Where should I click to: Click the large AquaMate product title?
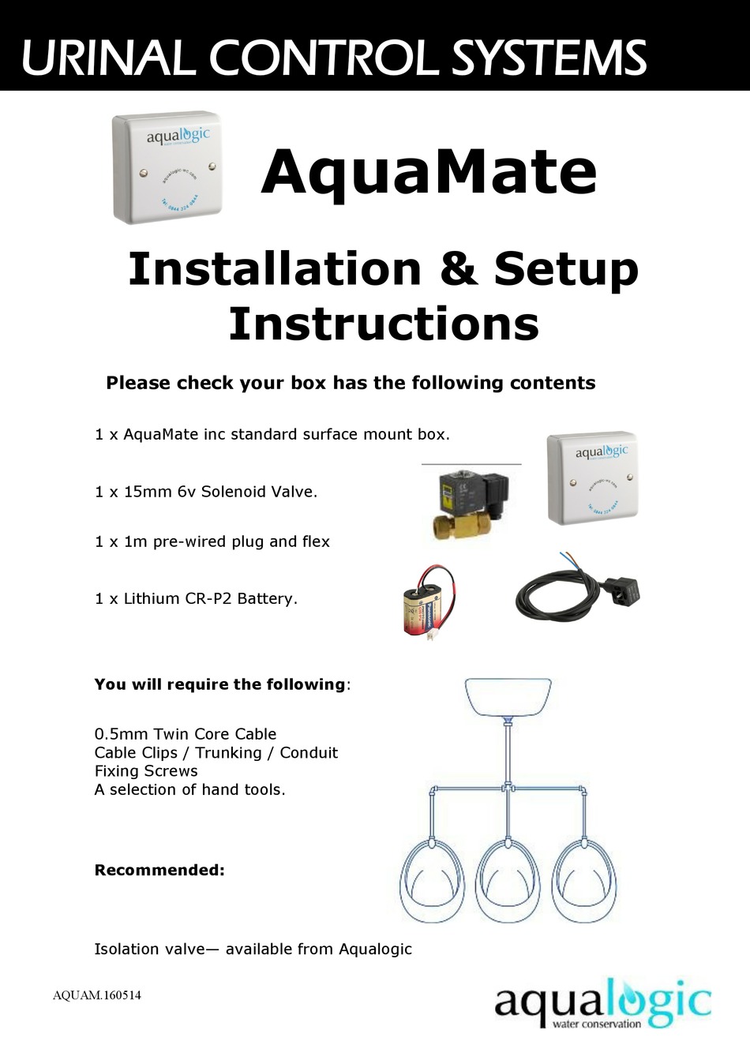(429, 173)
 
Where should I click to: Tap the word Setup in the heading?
(565, 269)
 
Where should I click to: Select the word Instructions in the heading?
(383, 324)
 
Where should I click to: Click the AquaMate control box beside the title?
(167, 167)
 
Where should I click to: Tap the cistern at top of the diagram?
(507, 697)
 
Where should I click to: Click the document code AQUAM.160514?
(97, 995)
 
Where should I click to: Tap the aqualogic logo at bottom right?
(602, 1003)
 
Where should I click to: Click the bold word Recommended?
(159, 870)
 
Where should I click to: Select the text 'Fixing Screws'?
(146, 771)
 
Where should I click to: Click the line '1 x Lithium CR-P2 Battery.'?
(196, 598)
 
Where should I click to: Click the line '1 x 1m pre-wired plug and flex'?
(212, 541)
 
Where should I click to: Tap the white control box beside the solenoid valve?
(592, 478)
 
